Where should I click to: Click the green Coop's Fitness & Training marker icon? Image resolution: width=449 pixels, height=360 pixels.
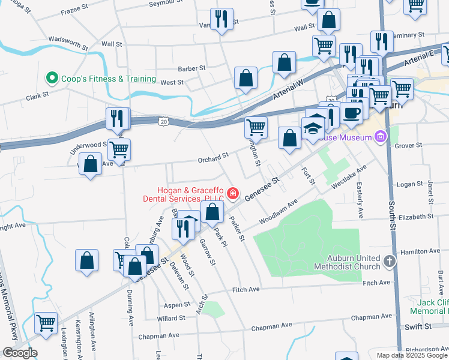[52, 79]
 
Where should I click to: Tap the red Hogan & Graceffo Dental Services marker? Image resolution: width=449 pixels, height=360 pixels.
[232, 194]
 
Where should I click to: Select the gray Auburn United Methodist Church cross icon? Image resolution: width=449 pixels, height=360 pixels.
[390, 261]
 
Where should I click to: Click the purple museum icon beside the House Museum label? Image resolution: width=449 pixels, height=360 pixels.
[379, 138]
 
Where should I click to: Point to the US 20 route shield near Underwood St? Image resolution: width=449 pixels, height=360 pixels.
[164, 121]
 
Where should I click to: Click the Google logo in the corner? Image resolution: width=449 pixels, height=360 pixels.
[19, 353]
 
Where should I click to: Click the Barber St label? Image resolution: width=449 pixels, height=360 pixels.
[191, 68]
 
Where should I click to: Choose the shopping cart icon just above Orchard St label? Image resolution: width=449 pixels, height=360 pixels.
[256, 127]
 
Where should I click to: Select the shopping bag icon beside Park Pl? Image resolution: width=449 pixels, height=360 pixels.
[212, 211]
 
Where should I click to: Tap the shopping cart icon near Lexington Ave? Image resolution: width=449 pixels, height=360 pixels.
[46, 323]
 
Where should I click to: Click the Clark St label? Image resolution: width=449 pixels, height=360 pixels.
[37, 96]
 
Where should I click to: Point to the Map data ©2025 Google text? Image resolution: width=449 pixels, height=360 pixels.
[412, 355]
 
